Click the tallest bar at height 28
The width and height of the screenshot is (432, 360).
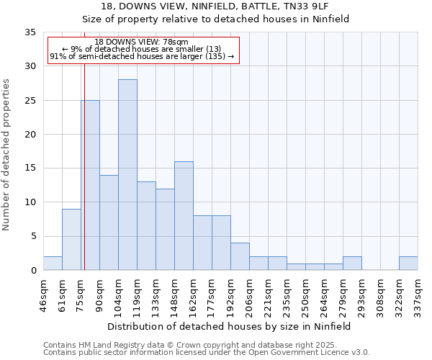(127, 175)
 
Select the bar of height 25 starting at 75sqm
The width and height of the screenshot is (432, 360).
(91, 185)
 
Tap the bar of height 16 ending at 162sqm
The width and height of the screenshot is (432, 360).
(184, 216)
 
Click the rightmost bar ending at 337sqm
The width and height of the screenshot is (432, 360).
(408, 264)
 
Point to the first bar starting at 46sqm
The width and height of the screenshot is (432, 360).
(53, 264)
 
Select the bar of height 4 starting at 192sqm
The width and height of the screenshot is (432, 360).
(240, 256)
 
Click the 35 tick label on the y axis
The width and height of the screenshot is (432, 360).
(30, 32)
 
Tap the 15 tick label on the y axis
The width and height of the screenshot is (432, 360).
(30, 168)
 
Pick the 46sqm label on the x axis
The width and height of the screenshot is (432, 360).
(43, 293)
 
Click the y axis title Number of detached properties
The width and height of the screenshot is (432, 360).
(7, 155)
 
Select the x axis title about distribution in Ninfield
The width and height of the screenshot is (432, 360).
(230, 326)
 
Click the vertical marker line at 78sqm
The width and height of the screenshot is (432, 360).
(84, 180)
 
